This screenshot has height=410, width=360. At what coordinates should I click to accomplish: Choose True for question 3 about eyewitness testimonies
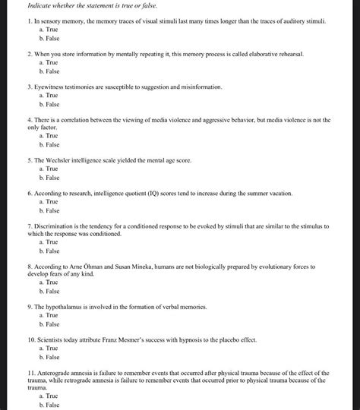pos(52,96)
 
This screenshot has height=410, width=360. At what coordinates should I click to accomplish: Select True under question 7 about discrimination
pos(52,242)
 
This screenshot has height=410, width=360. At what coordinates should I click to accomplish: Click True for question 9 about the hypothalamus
pos(52,314)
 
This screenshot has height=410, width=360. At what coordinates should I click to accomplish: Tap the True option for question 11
pos(52,396)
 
